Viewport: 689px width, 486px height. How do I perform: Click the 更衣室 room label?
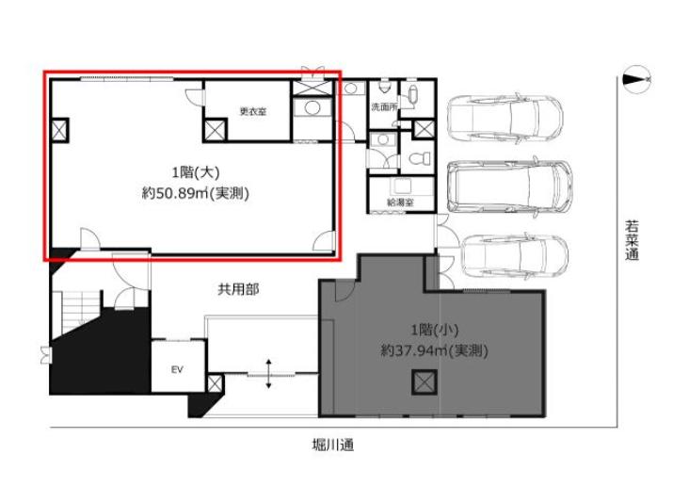pos(252,111)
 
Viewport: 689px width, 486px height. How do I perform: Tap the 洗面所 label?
pos(384,106)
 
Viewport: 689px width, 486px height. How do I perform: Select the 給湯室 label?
pos(400,202)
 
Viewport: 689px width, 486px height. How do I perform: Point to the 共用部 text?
pos(238,289)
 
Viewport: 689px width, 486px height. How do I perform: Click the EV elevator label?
pos(177,369)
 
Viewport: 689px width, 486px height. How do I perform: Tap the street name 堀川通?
pos(332,445)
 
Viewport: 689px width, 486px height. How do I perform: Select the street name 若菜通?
pos(632,240)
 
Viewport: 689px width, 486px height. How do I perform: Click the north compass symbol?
pos(637,79)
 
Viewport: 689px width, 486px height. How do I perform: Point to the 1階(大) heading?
pos(196,172)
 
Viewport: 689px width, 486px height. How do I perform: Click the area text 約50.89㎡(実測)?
pos(196,193)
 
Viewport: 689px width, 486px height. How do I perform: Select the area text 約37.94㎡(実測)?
pos(435,350)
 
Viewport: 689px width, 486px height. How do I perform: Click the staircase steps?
pos(74,310)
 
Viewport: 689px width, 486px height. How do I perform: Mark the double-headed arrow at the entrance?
pos(268,374)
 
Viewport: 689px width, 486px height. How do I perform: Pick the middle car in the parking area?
pos(510,186)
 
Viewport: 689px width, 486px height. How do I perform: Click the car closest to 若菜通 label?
pos(515,258)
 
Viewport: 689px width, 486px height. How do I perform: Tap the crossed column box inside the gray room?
pos(424,382)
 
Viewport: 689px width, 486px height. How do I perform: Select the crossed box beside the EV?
pos(215,383)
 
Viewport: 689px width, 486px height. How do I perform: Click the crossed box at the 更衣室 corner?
pos(216,130)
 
